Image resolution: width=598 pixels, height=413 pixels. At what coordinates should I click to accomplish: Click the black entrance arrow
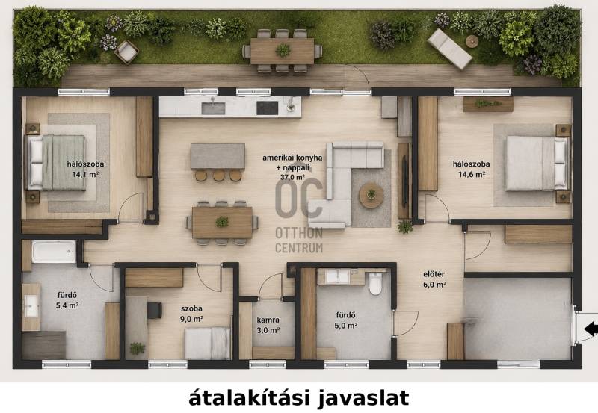coord(591,328)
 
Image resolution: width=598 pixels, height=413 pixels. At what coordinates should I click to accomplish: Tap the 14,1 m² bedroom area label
coord(85,170)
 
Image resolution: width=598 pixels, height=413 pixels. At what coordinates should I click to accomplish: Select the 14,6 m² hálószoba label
coord(472,170)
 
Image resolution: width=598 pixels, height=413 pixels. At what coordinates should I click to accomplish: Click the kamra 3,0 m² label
coord(268,325)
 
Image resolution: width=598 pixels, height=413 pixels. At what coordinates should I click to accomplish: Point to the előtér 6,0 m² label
coord(434,279)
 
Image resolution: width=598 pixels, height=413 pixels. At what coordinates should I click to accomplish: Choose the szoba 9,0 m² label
coord(191,314)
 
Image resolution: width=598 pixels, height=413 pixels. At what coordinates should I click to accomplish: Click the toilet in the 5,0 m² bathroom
coord(375,284)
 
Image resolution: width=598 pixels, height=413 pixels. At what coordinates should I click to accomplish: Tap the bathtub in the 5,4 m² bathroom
coord(54,252)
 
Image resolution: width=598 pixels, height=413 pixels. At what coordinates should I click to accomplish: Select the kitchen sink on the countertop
coord(213,108)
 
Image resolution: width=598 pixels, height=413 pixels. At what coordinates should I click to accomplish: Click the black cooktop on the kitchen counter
coord(268,108)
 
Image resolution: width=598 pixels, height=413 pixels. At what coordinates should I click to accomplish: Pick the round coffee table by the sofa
coord(371,195)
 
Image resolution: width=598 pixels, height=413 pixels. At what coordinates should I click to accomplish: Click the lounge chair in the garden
coord(450,49)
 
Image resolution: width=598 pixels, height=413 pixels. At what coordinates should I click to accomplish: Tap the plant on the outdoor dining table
coord(283,50)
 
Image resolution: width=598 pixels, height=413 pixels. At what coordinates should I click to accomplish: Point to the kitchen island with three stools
coord(218,156)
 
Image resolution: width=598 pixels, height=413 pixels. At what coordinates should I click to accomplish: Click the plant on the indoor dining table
coord(222,221)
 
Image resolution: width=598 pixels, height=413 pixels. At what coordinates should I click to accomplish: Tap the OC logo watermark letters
coord(299,198)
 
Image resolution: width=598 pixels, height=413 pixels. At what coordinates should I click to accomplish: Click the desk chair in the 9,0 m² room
coord(155,310)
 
